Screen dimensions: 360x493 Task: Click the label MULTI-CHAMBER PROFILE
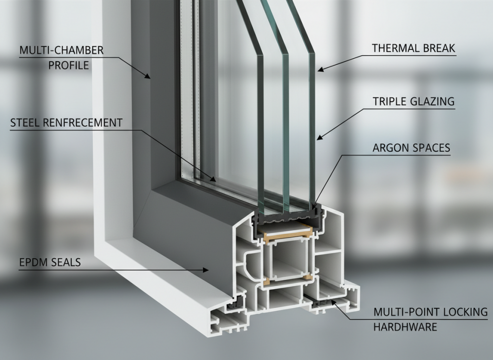(x=61, y=57)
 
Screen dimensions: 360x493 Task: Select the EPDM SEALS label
(x=50, y=263)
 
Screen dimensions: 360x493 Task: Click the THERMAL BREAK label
(x=413, y=48)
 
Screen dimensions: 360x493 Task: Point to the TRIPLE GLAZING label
(x=413, y=101)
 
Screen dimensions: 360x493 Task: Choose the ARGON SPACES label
(x=411, y=147)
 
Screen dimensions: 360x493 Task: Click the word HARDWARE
(x=405, y=327)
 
